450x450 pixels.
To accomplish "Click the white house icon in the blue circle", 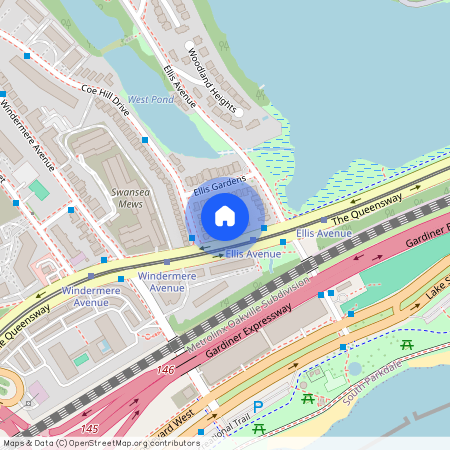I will point(225,215).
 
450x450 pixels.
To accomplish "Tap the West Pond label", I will point(150,100).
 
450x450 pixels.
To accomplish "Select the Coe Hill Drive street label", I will point(99,96).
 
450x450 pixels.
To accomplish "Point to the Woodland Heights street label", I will point(211,81).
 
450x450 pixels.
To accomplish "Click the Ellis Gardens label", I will point(219,184).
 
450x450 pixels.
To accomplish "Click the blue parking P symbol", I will point(258,407).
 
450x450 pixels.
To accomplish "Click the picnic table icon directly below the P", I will point(259,428).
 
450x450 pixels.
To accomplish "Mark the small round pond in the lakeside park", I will point(355,367).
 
